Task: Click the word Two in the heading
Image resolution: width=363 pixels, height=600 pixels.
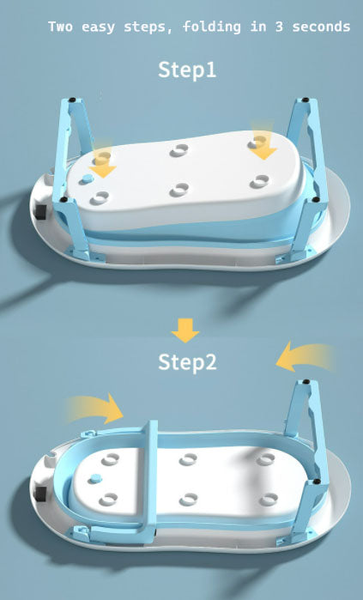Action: click(60, 27)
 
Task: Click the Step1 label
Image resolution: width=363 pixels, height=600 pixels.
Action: click(187, 70)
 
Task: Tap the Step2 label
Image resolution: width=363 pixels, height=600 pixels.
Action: click(187, 361)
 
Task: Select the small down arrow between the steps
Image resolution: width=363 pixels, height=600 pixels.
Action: click(185, 330)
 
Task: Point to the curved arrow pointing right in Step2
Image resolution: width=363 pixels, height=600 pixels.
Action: click(95, 409)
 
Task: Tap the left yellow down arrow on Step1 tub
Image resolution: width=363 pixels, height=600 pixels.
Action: click(102, 162)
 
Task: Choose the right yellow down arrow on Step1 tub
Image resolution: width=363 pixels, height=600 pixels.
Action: click(263, 142)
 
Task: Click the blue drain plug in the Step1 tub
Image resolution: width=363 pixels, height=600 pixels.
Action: click(88, 178)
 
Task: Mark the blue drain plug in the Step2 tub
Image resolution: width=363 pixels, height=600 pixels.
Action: click(95, 478)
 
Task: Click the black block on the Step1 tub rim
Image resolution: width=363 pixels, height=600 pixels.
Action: click(40, 211)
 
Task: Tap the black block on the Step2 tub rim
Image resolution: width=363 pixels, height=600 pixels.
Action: click(40, 494)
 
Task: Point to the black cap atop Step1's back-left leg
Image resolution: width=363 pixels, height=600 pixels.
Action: click(72, 100)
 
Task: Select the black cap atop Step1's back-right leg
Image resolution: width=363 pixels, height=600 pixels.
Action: click(306, 100)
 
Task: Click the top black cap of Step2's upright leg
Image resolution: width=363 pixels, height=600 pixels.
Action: click(306, 381)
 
